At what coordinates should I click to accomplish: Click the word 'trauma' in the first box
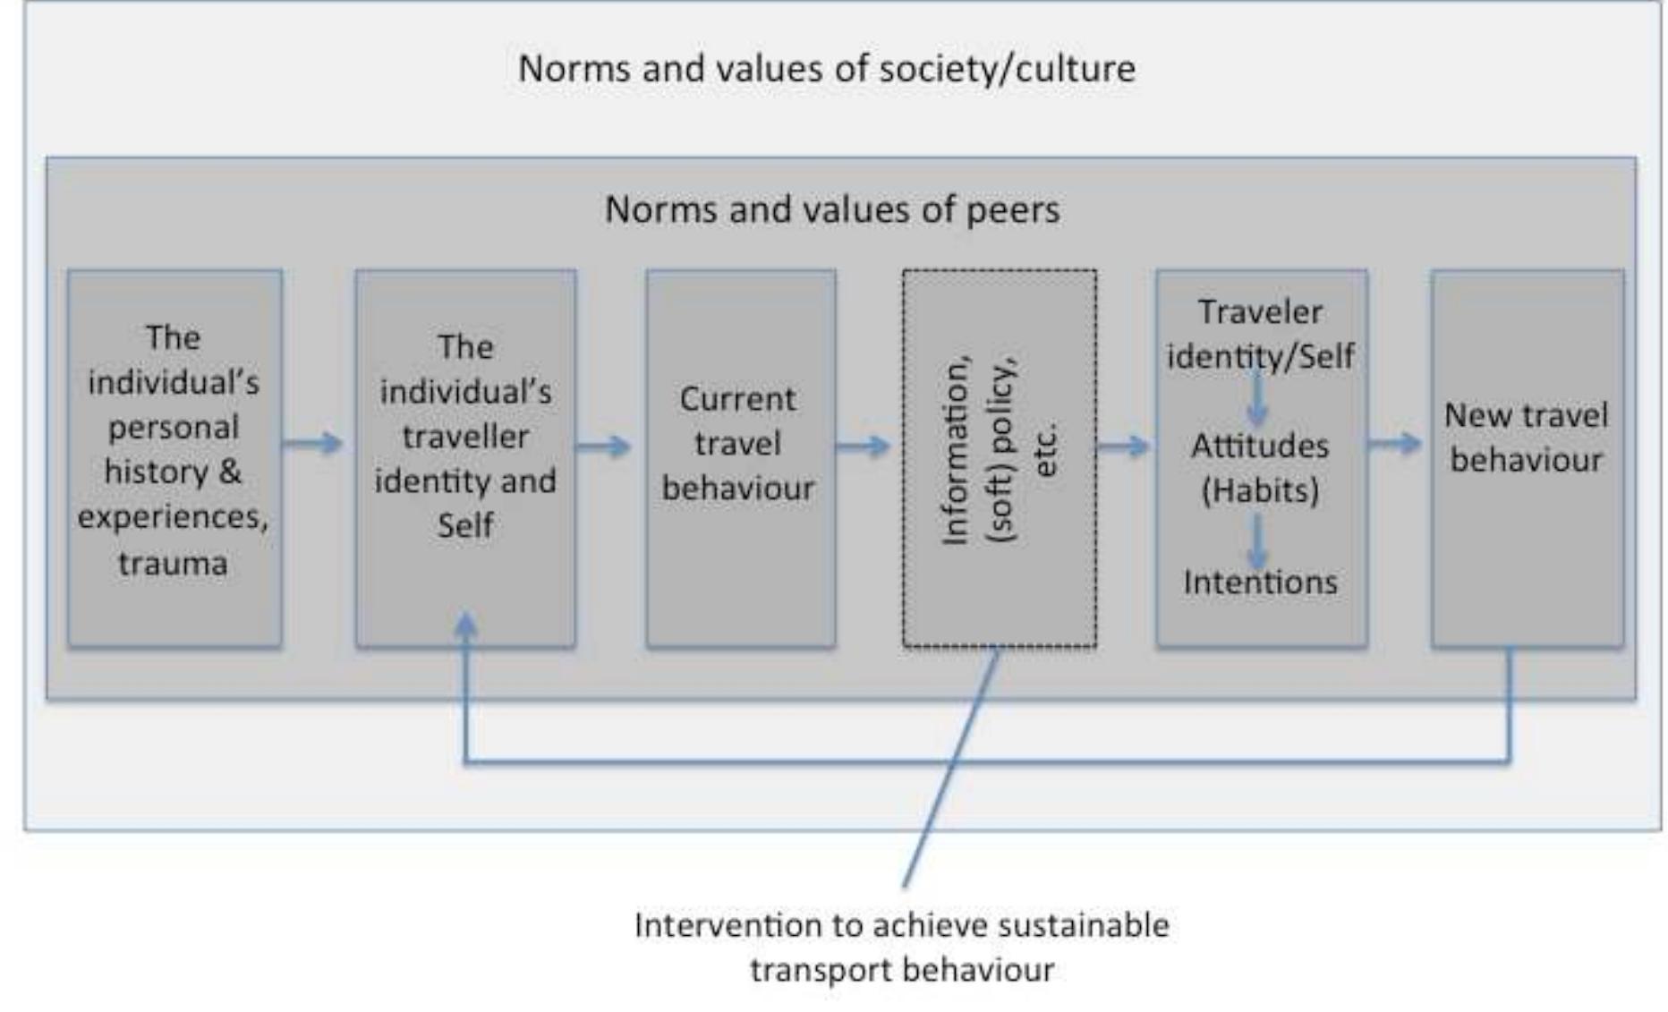(x=173, y=564)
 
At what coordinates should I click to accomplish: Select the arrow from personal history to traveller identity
(x=312, y=443)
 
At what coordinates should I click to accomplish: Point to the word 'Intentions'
(x=1260, y=583)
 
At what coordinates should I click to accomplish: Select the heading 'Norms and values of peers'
(x=832, y=210)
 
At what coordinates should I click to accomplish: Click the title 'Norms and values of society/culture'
(x=827, y=69)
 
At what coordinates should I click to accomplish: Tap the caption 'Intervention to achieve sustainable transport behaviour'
(x=902, y=947)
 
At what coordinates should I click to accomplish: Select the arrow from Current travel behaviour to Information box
(x=863, y=445)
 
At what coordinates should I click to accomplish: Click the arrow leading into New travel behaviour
(x=1394, y=443)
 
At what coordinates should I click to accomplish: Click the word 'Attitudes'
(x=1260, y=446)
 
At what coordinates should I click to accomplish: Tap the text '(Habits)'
(x=1260, y=490)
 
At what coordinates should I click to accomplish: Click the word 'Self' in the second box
(x=465, y=525)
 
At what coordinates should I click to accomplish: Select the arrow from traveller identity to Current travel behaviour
(x=603, y=445)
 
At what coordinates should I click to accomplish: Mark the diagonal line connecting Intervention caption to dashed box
(x=950, y=770)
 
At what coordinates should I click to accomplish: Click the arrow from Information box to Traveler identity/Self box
(x=1123, y=445)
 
